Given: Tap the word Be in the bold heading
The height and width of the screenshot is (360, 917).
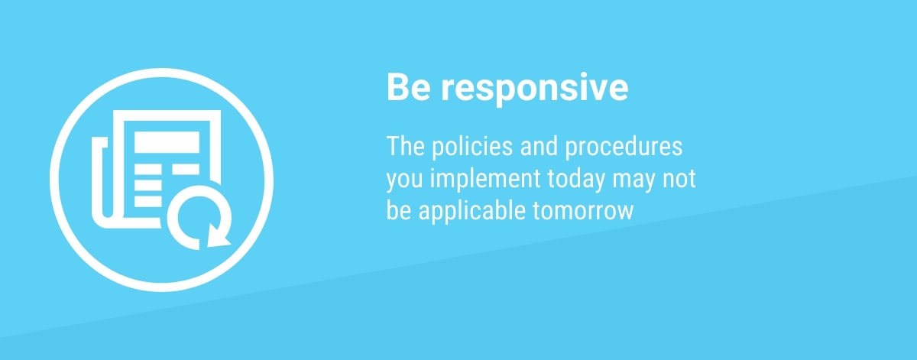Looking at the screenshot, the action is pyautogui.click(x=408, y=87).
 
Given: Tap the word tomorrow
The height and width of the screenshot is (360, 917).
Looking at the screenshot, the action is pyautogui.click(x=583, y=211).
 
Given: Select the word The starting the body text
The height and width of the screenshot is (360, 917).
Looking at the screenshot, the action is pyautogui.click(x=405, y=146).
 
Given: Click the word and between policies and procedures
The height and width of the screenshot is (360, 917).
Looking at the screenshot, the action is pyautogui.click(x=539, y=146).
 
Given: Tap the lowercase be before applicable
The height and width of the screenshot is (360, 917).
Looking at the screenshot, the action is pyautogui.click(x=399, y=210).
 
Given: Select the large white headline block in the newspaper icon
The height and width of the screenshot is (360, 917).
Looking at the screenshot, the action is pyautogui.click(x=167, y=142).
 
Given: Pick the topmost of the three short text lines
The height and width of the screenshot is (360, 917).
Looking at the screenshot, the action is pyautogui.click(x=148, y=169).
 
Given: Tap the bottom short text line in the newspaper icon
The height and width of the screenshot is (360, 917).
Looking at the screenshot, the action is pyautogui.click(x=148, y=202).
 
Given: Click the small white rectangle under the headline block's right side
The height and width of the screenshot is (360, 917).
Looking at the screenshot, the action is pyautogui.click(x=186, y=169).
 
